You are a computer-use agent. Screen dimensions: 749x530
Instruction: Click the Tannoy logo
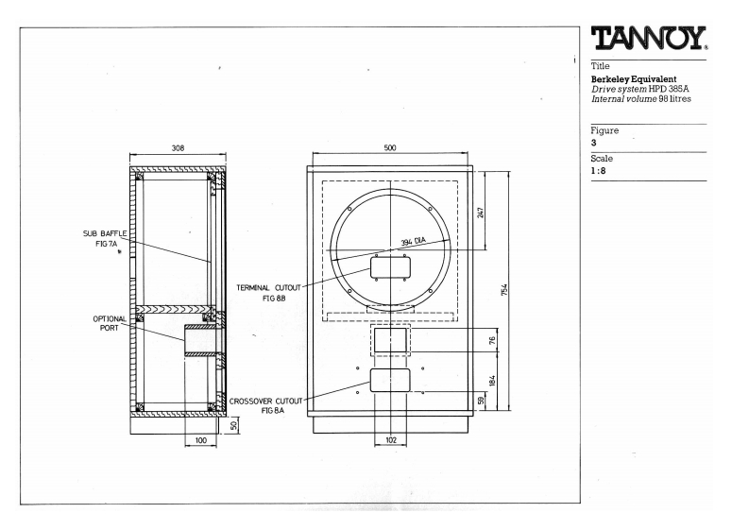tap(649, 38)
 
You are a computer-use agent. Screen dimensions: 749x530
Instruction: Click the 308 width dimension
tap(178, 148)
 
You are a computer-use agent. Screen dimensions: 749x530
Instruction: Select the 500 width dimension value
tap(390, 147)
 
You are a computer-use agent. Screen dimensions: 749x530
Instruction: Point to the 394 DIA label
tap(413, 242)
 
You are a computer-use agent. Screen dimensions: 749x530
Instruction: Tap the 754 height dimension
tap(504, 290)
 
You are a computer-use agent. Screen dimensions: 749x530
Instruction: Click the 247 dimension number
tap(481, 212)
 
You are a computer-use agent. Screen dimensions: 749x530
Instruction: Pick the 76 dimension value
tap(492, 341)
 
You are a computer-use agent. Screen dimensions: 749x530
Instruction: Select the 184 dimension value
tap(492, 381)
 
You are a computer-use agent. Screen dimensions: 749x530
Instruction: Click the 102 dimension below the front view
tap(391, 439)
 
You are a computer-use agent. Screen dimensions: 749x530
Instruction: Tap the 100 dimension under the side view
tap(201, 440)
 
